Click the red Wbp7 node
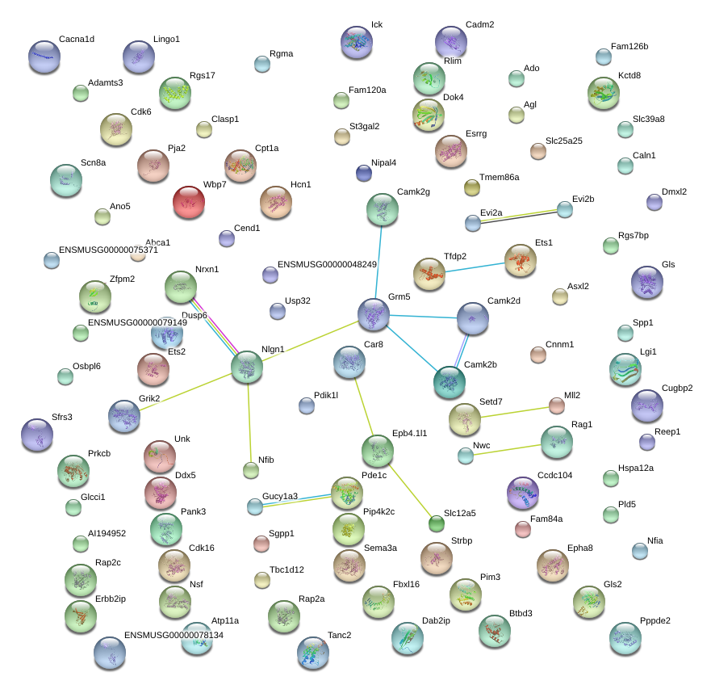(x=189, y=202)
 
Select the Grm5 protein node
(x=374, y=314)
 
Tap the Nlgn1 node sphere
(x=247, y=368)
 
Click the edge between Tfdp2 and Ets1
(x=475, y=268)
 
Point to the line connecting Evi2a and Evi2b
(x=519, y=216)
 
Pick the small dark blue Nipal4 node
(x=364, y=173)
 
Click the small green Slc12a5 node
(x=437, y=523)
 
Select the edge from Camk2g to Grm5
(x=379, y=262)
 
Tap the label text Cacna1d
(x=77, y=39)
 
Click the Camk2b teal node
(x=450, y=382)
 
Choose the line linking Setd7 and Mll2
(x=515, y=413)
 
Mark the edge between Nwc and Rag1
(x=507, y=450)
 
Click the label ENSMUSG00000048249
(x=327, y=264)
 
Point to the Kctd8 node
(x=604, y=94)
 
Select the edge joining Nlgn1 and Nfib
(x=249, y=423)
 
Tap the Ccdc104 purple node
(x=523, y=493)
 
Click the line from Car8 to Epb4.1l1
(x=364, y=406)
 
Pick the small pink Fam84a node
(x=523, y=529)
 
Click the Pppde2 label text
(x=655, y=620)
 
